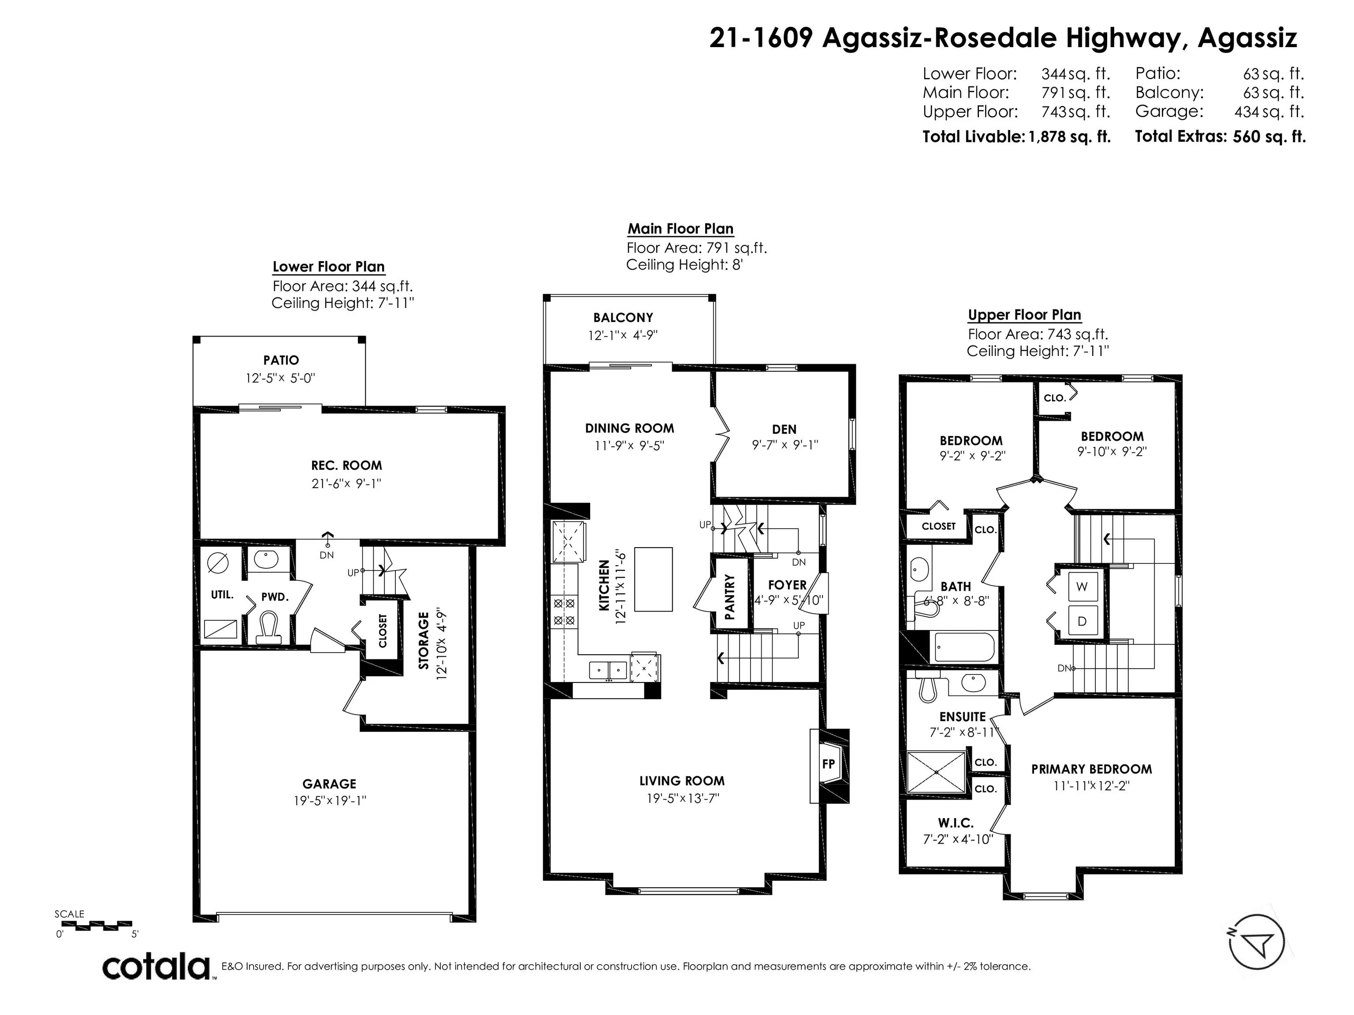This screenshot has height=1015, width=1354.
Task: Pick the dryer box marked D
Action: pos(1082,622)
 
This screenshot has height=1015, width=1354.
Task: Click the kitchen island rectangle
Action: pos(653,579)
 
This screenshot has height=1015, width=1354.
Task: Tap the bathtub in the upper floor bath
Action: pos(965,647)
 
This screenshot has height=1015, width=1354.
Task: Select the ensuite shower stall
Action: pos(937,773)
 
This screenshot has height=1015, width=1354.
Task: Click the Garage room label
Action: pos(329,784)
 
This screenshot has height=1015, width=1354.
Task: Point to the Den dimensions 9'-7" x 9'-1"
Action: pos(785,445)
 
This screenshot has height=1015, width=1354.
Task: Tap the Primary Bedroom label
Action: pos(1091,769)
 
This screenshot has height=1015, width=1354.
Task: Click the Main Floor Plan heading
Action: pos(681,229)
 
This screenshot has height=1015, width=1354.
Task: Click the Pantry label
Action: pos(729,597)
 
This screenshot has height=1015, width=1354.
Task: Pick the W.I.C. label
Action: pos(956,823)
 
